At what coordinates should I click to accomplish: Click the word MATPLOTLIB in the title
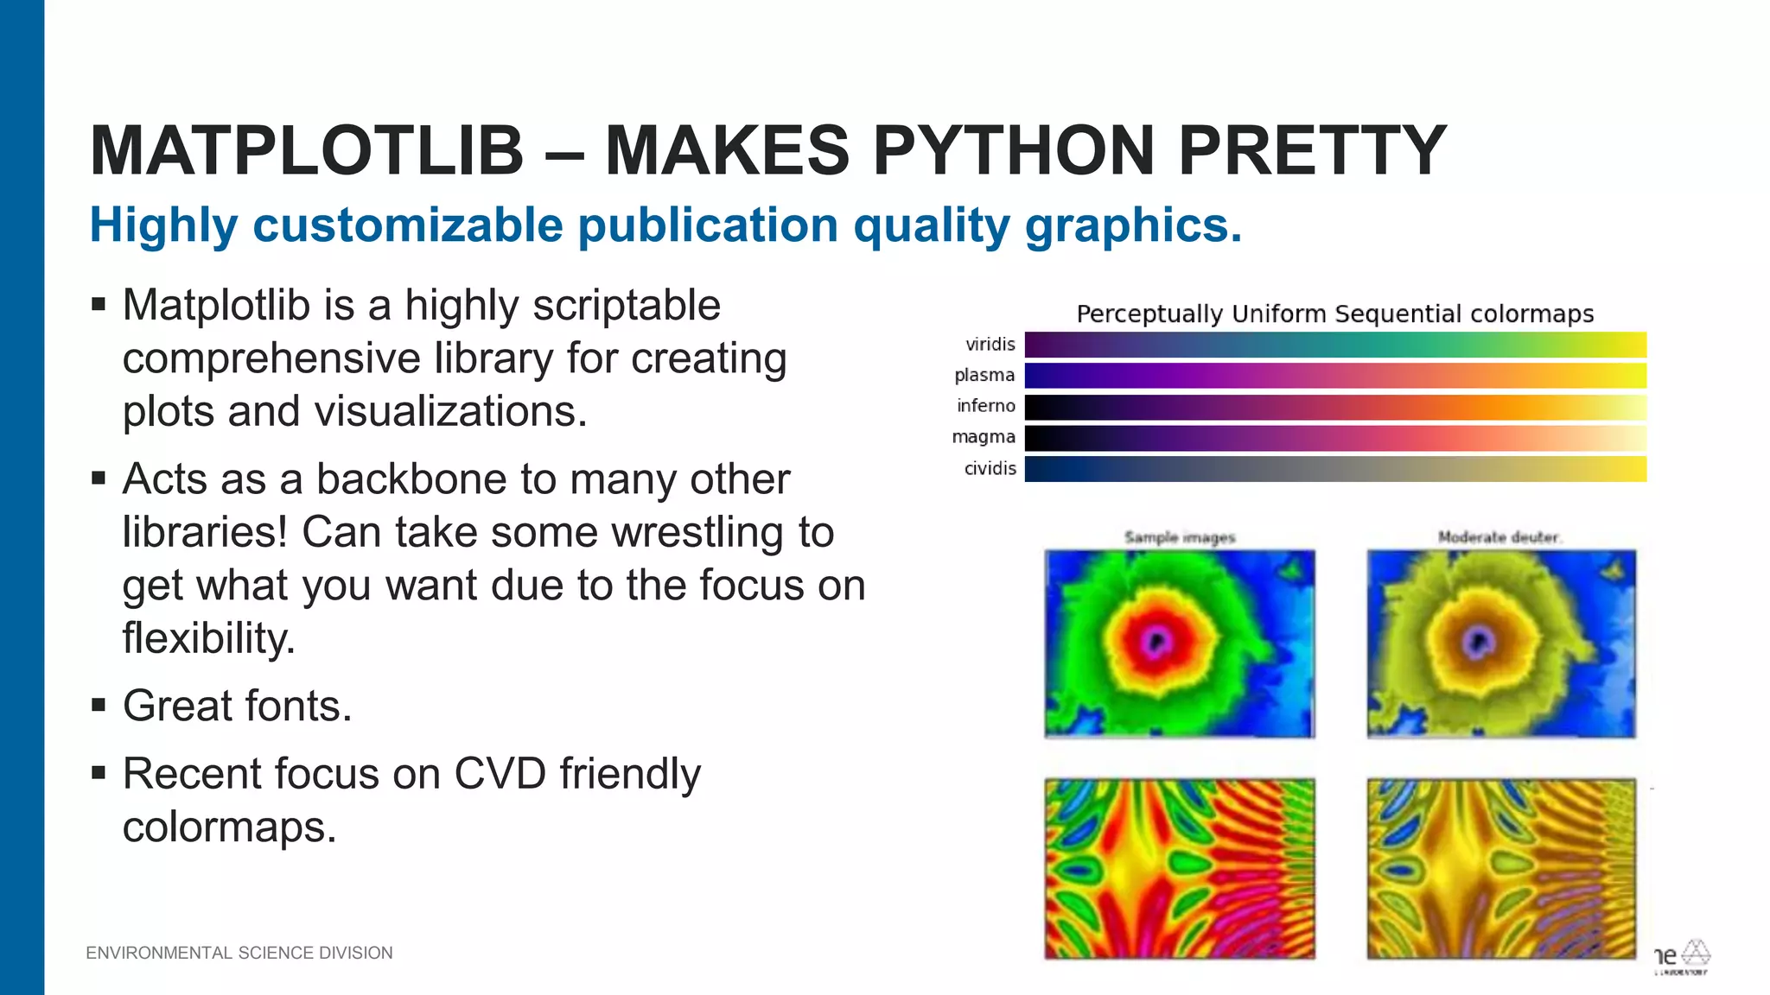click(x=307, y=151)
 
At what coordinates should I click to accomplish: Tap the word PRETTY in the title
click(x=1312, y=151)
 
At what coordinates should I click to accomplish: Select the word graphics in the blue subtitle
click(x=1132, y=225)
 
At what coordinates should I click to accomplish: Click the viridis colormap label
click(x=990, y=345)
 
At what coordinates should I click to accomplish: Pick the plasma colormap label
click(x=984, y=375)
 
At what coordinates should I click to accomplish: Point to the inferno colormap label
click(x=985, y=406)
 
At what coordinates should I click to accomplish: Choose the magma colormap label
click(x=983, y=437)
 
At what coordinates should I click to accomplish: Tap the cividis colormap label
click(x=990, y=468)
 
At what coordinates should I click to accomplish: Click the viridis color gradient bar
click(x=1335, y=345)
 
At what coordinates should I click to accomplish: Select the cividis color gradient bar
click(x=1335, y=469)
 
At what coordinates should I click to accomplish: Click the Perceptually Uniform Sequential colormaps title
click(x=1334, y=314)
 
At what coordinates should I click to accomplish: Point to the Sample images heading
click(x=1180, y=537)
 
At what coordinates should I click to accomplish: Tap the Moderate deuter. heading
click(x=1499, y=537)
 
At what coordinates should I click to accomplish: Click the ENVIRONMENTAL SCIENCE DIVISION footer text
click(x=239, y=953)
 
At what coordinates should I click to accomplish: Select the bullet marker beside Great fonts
click(x=99, y=706)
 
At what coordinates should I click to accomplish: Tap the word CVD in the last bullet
click(x=500, y=774)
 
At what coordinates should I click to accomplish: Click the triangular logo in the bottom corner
click(x=1695, y=953)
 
